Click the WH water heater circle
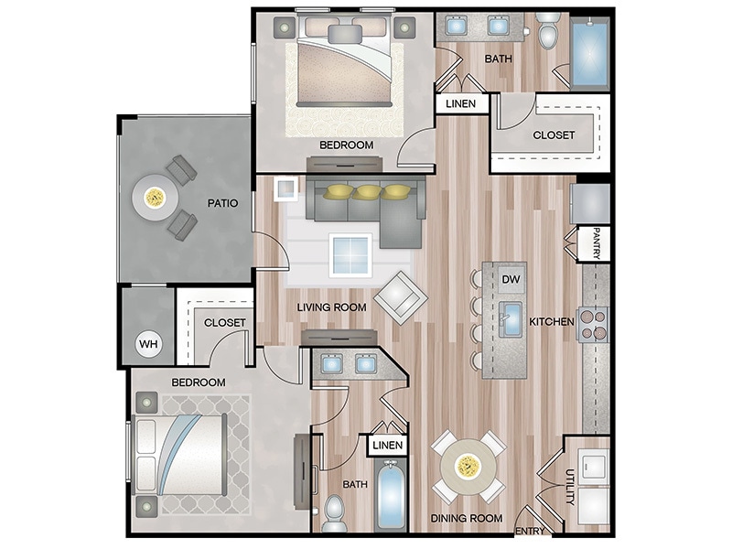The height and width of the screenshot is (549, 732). click(x=148, y=345)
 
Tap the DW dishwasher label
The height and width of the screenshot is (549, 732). click(x=511, y=278)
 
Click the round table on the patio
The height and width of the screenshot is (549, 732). click(x=156, y=196)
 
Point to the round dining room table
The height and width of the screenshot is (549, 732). click(x=468, y=468)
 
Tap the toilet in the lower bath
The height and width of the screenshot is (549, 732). click(x=334, y=508)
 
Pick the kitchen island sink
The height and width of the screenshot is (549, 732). click(x=509, y=319)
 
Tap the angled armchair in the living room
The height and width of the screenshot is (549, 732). click(x=398, y=296)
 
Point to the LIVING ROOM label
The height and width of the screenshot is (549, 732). click(x=331, y=307)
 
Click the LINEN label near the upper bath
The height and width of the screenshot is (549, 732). click(x=460, y=104)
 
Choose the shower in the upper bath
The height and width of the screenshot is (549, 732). click(x=590, y=53)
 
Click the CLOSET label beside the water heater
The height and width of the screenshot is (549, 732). click(x=225, y=323)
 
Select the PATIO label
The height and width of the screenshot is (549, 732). click(x=221, y=203)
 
